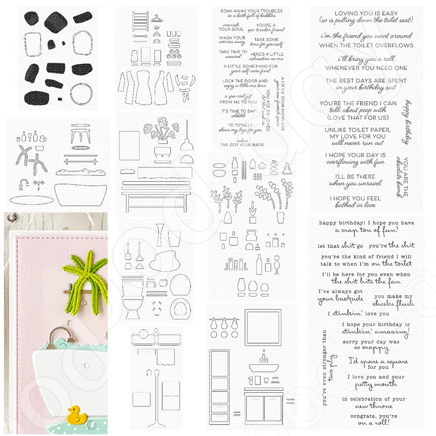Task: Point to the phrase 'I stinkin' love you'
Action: (352, 313)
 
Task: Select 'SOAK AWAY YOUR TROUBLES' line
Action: (252, 11)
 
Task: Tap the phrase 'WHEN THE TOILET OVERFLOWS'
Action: (366, 45)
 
